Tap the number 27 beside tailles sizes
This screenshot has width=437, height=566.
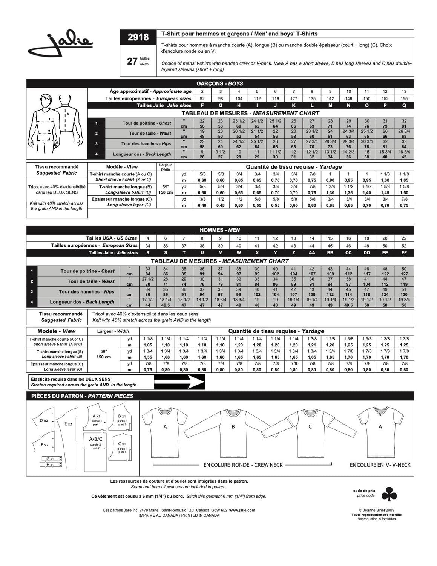132,61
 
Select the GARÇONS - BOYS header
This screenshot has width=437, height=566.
220,83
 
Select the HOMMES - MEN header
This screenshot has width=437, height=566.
220,230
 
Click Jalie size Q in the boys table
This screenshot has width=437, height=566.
404,106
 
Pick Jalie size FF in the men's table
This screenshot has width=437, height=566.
404,253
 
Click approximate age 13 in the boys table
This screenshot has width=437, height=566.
404,91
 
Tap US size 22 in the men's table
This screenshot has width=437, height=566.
404,238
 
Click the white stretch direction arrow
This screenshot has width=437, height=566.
179,382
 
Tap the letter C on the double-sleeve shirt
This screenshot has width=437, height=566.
310,427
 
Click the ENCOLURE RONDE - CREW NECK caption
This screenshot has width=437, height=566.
243,465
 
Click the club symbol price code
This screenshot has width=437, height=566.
389,494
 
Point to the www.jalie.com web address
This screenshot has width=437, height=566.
242,510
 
